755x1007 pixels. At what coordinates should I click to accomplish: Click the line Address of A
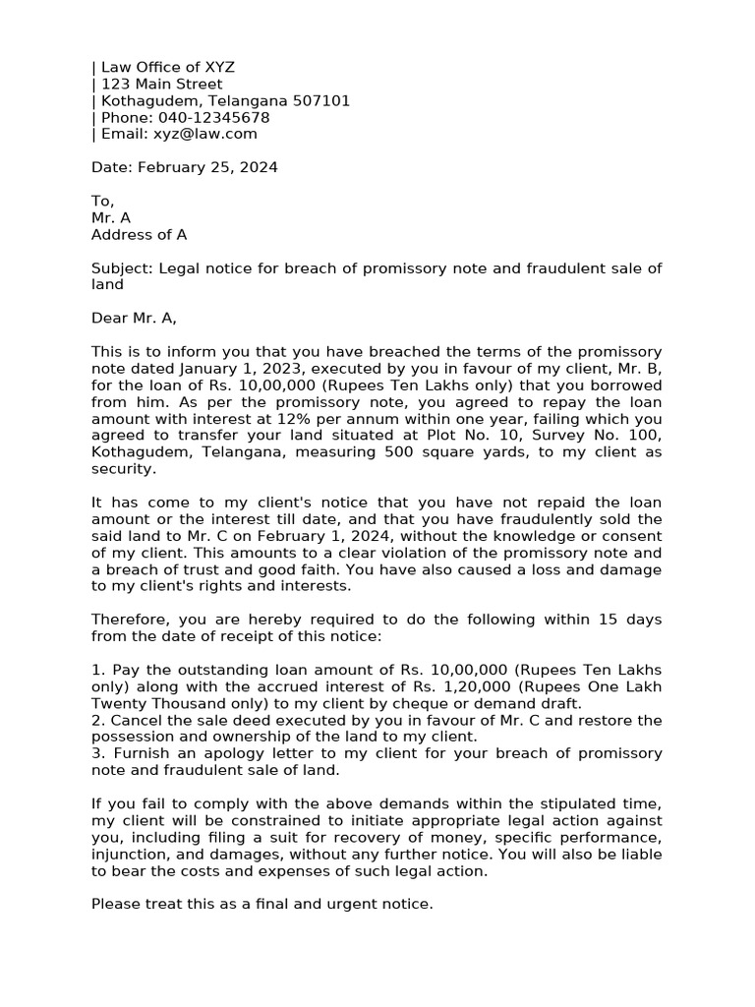coord(139,235)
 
